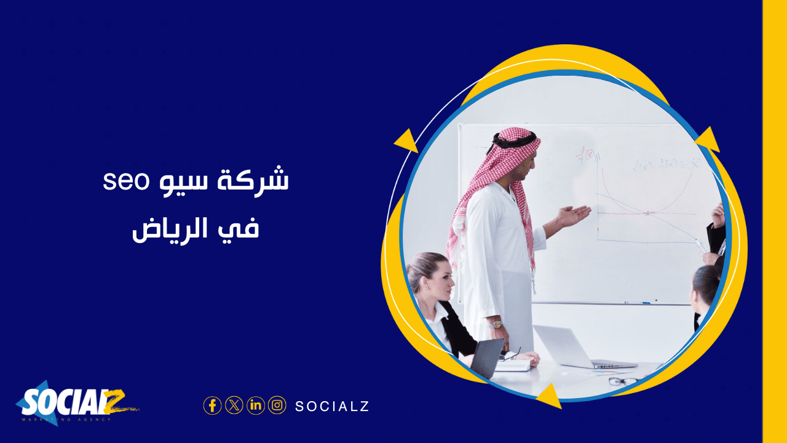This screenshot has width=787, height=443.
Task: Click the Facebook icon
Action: pyautogui.click(x=212, y=405)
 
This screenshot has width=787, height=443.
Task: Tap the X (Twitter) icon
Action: pyautogui.click(x=234, y=405)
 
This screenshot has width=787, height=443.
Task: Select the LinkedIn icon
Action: pyautogui.click(x=256, y=405)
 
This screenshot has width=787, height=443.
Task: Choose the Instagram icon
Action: pyautogui.click(x=277, y=405)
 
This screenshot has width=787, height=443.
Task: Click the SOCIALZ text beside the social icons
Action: pyautogui.click(x=332, y=406)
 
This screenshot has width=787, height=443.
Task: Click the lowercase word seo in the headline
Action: pyautogui.click(x=122, y=182)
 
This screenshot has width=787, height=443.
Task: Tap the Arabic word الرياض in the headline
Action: pyautogui.click(x=178, y=229)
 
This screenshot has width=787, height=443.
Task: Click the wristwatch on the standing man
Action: pyautogui.click(x=496, y=324)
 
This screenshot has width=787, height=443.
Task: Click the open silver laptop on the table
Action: pyautogui.click(x=566, y=348)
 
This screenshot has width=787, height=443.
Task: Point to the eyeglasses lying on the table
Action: pyautogui.click(x=622, y=381)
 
